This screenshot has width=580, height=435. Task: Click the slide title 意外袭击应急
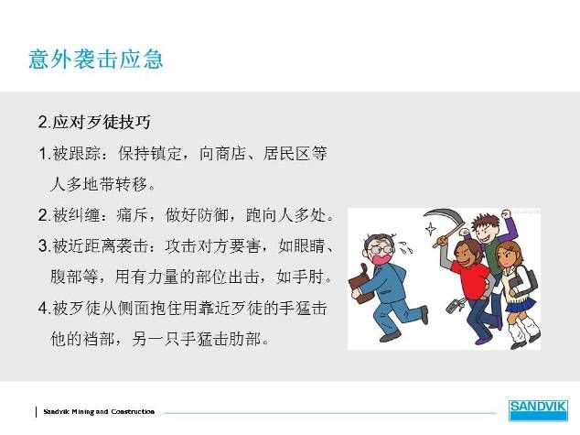click(x=96, y=59)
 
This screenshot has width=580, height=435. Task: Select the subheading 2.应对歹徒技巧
click(x=94, y=122)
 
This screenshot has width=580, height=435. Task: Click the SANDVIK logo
click(x=538, y=410)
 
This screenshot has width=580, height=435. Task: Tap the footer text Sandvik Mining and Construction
click(x=99, y=411)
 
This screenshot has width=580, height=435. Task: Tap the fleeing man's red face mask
click(x=381, y=258)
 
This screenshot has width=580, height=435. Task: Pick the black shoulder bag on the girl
click(x=524, y=280)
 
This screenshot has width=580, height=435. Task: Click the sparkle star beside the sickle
click(x=430, y=228)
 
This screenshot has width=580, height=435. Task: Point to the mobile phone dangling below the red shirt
click(x=454, y=306)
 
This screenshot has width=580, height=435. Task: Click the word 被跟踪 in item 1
click(x=77, y=153)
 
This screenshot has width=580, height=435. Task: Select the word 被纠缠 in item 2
click(x=77, y=214)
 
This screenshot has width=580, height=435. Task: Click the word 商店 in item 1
click(x=231, y=153)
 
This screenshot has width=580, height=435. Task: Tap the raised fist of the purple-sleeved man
click(x=506, y=213)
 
